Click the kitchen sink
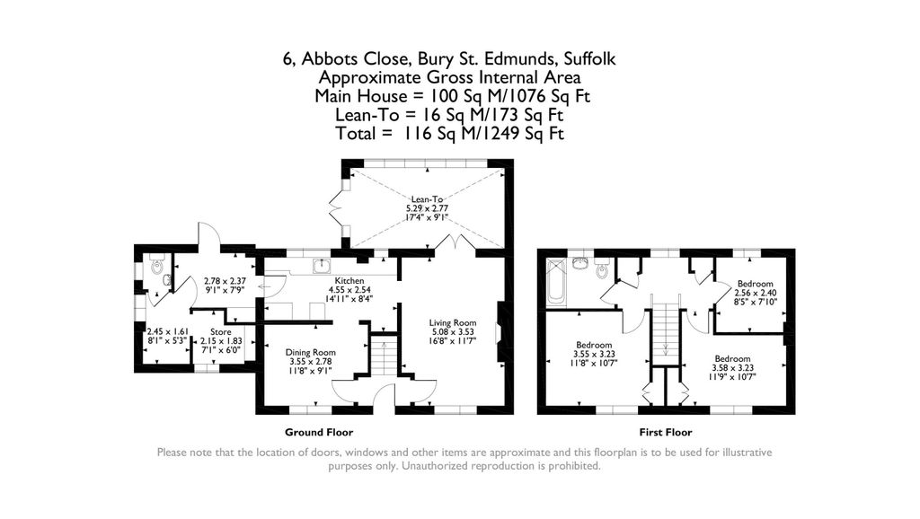pos(321,267)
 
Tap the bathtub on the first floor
pos(556,283)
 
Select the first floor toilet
pos(602,268)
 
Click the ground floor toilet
pos(156,265)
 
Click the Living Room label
pos(453,322)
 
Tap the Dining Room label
pos(310,353)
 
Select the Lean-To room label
pos(427,199)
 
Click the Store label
pos(221,332)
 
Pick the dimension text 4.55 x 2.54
pos(349,290)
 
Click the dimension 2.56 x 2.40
pos(755,293)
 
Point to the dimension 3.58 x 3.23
pos(732,367)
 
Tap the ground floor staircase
pos(384,355)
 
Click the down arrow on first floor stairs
pos(666,349)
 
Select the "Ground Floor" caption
pos(319,432)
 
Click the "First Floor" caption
pos(666,432)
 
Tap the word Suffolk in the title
pos(589,58)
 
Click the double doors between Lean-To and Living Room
pos(456,244)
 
